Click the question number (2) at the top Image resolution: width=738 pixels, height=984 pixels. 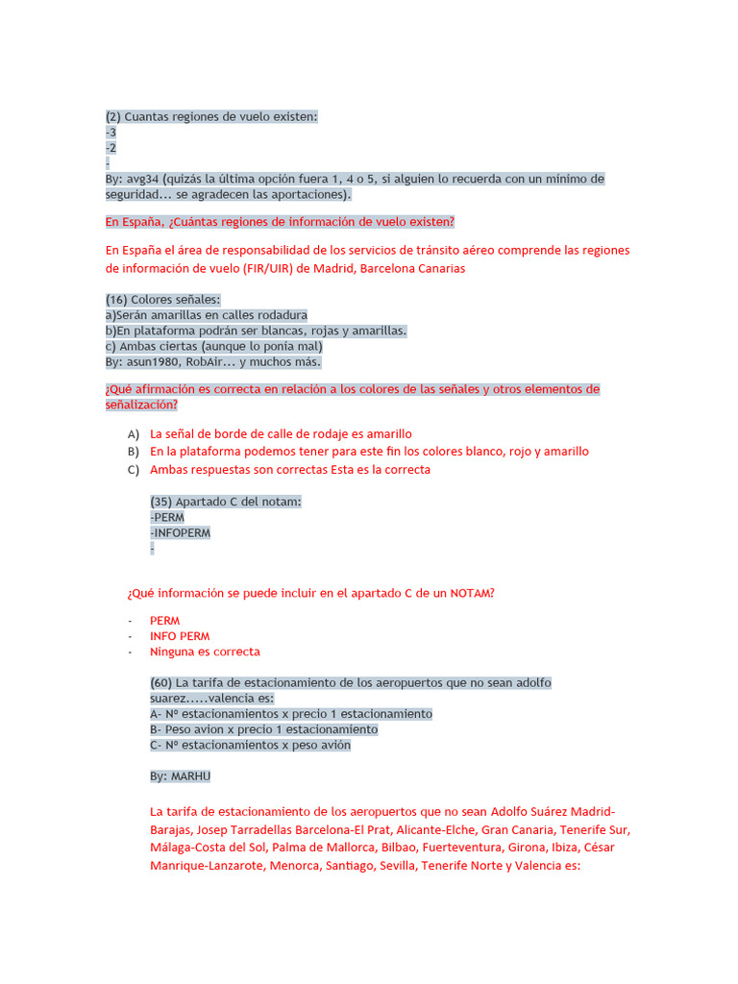click(113, 116)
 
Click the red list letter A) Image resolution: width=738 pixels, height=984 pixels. click(134, 434)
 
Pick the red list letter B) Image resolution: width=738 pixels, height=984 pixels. click(134, 452)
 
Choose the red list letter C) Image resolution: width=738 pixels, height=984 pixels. click(134, 470)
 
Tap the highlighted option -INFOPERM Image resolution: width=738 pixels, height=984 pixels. click(181, 532)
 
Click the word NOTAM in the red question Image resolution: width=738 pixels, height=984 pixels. click(471, 593)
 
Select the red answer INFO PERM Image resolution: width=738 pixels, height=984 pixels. click(180, 636)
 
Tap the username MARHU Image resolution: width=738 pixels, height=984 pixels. click(190, 776)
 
